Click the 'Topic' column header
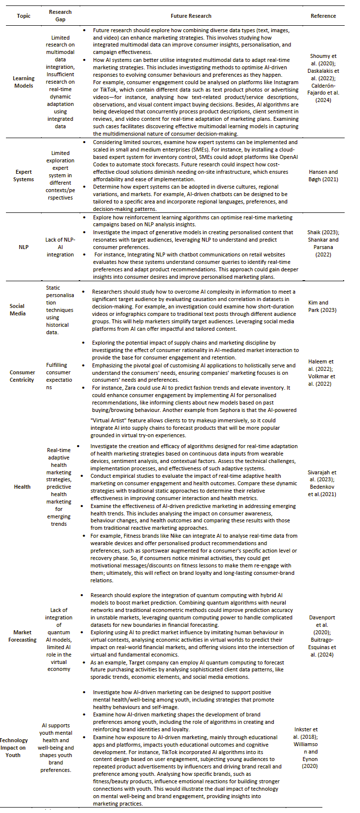(23, 16)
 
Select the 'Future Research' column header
(191, 16)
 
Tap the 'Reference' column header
(323, 16)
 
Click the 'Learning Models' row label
(23, 82)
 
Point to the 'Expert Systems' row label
(23, 176)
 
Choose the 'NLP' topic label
(23, 247)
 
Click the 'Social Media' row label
(17, 309)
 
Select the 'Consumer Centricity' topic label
(22, 376)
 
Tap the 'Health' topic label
(22, 487)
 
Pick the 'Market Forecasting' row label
(22, 636)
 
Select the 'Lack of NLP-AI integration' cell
(60, 247)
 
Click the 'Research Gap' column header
(60, 16)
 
